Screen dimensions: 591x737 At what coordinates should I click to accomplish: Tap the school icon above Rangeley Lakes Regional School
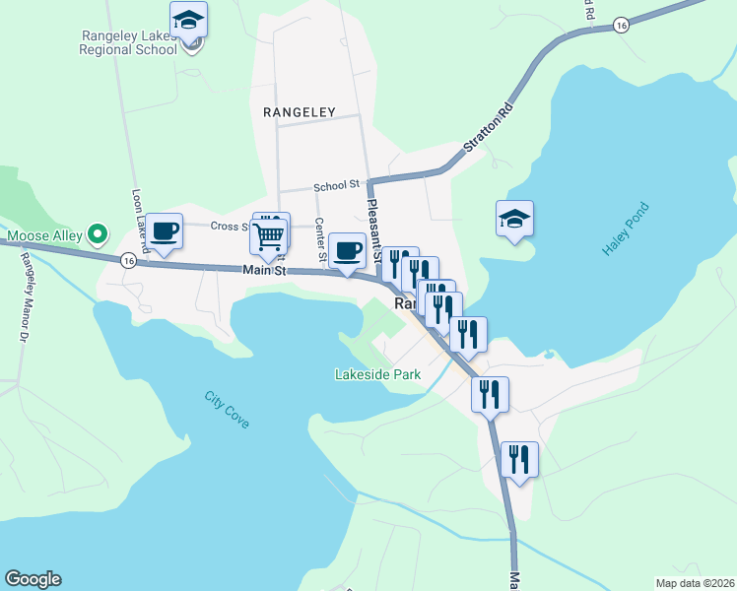point(188,19)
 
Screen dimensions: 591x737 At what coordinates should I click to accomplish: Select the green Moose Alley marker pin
point(97,234)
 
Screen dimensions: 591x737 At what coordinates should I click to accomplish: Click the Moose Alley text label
point(44,236)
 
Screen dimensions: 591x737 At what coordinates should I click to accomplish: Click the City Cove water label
point(227,410)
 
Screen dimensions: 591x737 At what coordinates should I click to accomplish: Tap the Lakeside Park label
point(377,374)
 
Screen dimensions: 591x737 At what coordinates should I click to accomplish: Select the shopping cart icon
point(269,236)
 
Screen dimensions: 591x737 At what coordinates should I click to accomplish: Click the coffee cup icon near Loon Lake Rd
point(166,231)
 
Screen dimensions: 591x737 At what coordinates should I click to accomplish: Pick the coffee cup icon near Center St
point(346,249)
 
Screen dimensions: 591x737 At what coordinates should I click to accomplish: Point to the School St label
point(336,185)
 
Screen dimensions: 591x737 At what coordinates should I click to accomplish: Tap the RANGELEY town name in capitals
point(300,112)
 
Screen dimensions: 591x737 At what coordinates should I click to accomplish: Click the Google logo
point(33,579)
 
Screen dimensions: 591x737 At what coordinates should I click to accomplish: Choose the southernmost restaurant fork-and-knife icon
point(519,459)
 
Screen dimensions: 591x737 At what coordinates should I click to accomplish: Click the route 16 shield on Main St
point(128,261)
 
